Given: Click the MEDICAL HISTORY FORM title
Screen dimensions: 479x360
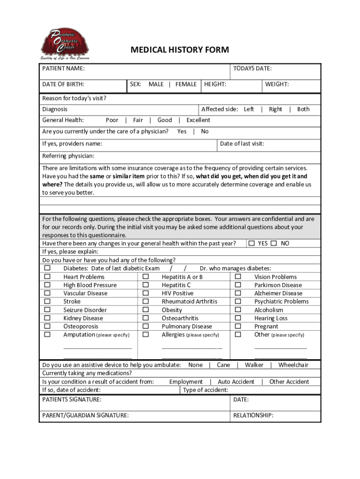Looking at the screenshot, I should [x=180, y=50].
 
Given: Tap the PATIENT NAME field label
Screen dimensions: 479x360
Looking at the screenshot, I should [x=64, y=69].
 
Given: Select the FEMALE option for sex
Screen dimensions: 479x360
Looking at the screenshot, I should [x=186, y=84].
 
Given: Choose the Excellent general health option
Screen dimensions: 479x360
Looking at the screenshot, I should [x=198, y=120].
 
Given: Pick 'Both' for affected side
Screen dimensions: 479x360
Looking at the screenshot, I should [x=303, y=109].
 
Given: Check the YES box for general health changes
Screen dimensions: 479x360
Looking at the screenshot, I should [x=252, y=243].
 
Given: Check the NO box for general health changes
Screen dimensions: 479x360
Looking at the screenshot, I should [x=274, y=243].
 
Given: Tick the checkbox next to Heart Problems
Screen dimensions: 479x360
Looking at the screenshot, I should [x=47, y=276].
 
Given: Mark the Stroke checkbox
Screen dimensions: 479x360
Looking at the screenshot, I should [x=47, y=301].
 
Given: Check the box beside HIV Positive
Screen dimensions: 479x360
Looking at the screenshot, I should [x=145, y=293].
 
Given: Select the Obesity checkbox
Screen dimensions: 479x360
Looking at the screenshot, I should [x=145, y=310].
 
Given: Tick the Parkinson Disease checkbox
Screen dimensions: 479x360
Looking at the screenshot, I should [x=238, y=285].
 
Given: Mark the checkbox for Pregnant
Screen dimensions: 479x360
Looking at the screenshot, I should [x=238, y=326].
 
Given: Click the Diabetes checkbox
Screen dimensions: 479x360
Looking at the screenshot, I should [x=47, y=268].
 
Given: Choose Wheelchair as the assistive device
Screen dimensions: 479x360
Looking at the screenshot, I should [x=293, y=365].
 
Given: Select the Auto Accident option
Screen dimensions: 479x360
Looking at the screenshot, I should [x=236, y=382].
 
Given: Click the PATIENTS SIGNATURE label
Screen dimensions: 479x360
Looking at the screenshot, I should [x=72, y=400].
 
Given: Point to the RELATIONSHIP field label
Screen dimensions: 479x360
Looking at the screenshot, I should [x=253, y=415].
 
